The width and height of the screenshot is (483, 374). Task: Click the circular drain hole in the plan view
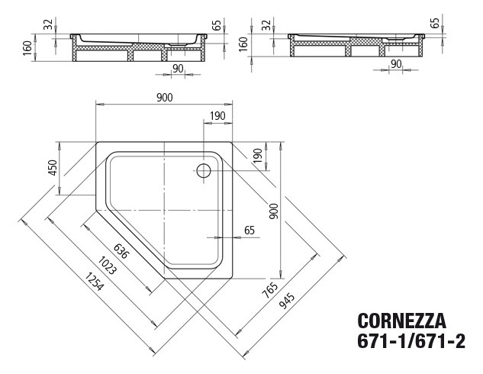pyautogui.click(x=204, y=170)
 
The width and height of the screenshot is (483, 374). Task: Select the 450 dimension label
pyautogui.click(x=53, y=168)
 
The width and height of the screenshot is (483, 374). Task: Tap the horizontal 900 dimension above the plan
pyautogui.click(x=164, y=97)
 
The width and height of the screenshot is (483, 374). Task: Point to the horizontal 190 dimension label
pyautogui.click(x=217, y=115)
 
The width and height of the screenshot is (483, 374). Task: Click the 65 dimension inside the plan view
pyautogui.click(x=249, y=230)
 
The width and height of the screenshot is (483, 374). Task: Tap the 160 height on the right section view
pyautogui.click(x=243, y=43)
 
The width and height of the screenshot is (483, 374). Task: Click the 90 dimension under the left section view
pyautogui.click(x=178, y=68)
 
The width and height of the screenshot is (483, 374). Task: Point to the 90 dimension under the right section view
pyautogui.click(x=396, y=63)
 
